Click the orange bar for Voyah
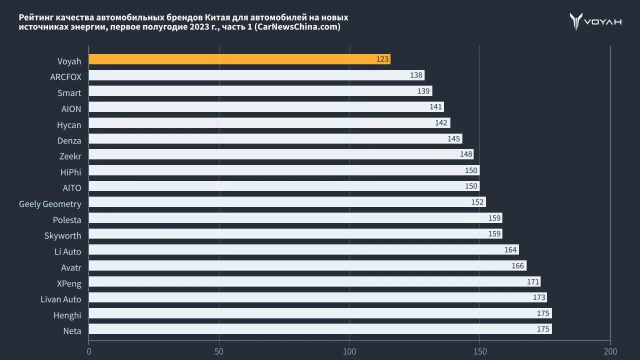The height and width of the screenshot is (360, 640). pyautogui.click(x=239, y=59)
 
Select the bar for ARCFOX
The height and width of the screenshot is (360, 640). pyautogui.click(x=256, y=75)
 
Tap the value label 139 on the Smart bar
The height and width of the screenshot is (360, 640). pyautogui.click(x=423, y=91)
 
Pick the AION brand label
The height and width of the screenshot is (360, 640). pyautogui.click(x=71, y=108)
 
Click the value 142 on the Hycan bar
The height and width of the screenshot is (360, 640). pyautogui.click(x=441, y=123)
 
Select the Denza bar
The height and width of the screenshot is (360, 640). pyautogui.click(x=275, y=138)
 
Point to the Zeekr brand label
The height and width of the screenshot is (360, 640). pyautogui.click(x=70, y=156)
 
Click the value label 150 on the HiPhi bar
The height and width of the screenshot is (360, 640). pyautogui.click(x=471, y=170)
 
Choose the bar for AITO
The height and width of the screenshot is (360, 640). pyautogui.click(x=284, y=186)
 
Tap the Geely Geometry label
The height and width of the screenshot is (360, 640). pyautogui.click(x=50, y=204)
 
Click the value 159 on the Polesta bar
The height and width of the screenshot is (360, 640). pyautogui.click(x=494, y=218)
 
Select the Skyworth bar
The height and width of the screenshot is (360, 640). pyautogui.click(x=295, y=233)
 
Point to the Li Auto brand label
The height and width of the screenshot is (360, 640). pyautogui.click(x=68, y=251)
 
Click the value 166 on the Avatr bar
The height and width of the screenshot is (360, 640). pyautogui.click(x=518, y=265)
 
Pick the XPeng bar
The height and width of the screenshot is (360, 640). pyautogui.click(x=314, y=281)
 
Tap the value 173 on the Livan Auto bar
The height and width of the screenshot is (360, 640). pyautogui.click(x=539, y=297)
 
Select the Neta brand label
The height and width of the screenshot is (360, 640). pyautogui.click(x=72, y=330)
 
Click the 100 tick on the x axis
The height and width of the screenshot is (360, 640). pyautogui.click(x=349, y=351)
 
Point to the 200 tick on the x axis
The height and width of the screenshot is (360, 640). pyautogui.click(x=610, y=351)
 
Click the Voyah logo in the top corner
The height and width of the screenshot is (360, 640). pyautogui.click(x=595, y=21)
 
